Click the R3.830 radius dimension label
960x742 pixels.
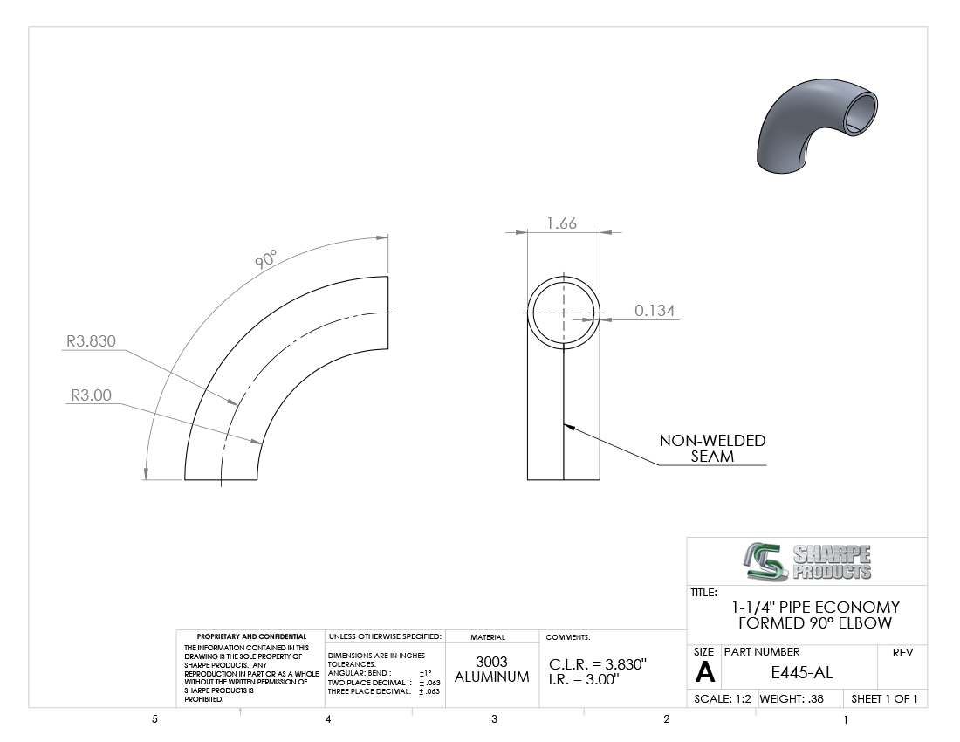click(x=92, y=341)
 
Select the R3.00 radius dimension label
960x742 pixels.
click(x=92, y=395)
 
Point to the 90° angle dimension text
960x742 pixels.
click(x=265, y=258)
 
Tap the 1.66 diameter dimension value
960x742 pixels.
click(x=562, y=223)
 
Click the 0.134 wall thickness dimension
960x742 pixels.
click(x=655, y=311)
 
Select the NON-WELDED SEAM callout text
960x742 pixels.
click(x=712, y=448)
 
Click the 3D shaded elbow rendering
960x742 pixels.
click(x=817, y=125)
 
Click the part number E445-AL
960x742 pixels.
click(x=801, y=673)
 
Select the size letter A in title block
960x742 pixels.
click(x=704, y=673)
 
